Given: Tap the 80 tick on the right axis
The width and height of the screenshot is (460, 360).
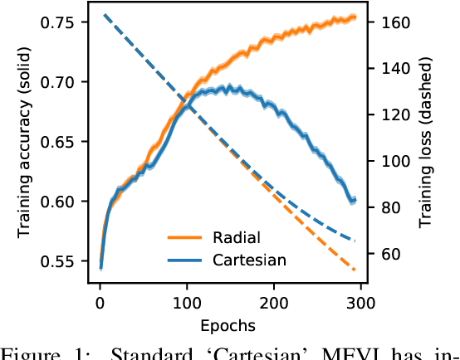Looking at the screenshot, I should (x=394, y=207).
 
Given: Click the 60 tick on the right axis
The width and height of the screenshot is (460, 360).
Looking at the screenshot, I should (x=394, y=253).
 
